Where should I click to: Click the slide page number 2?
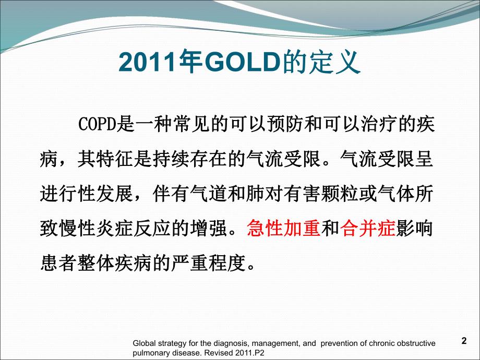pos(464,341)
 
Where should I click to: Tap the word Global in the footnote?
pos(144,343)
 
